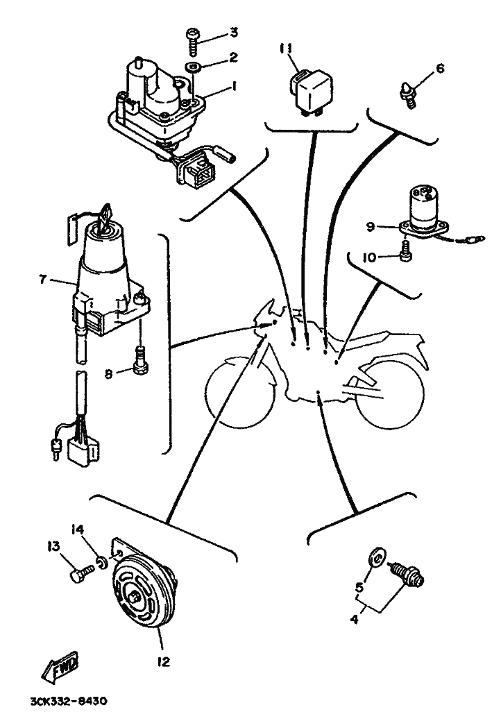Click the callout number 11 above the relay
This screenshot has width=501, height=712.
pyautogui.click(x=287, y=48)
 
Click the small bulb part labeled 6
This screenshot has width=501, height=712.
pyautogui.click(x=407, y=92)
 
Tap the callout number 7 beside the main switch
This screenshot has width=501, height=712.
pyautogui.click(x=43, y=279)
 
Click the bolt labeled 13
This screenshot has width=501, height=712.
pyautogui.click(x=81, y=571)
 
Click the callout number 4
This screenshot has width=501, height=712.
pyautogui.click(x=355, y=618)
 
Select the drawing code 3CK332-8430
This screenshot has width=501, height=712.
pyautogui.click(x=68, y=702)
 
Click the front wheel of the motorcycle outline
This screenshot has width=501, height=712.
pyautogui.click(x=241, y=393)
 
